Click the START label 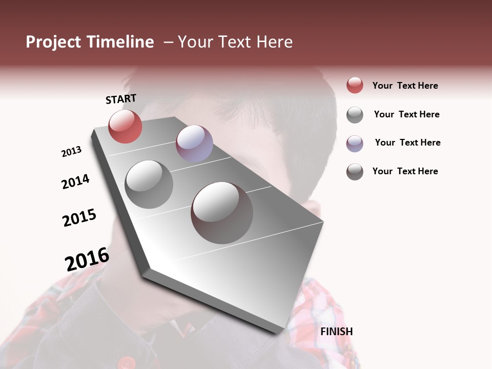point(121,99)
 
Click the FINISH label point(336,332)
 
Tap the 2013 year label point(71,152)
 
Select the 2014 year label point(75,181)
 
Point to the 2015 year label point(79,218)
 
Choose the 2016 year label point(87,259)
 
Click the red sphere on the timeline point(125,126)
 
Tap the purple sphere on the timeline point(194,143)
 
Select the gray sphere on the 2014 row point(149,184)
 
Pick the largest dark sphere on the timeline point(222,213)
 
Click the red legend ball point(355,85)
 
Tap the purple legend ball point(355,143)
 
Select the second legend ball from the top point(355,115)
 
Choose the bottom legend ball point(355,172)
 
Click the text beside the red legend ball point(405,86)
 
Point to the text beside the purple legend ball point(407,142)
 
